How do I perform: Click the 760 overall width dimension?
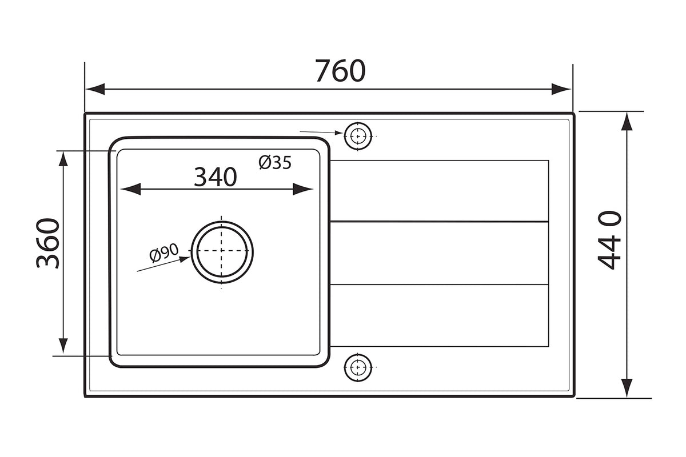tap(340, 71)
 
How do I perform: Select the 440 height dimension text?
tap(609, 240)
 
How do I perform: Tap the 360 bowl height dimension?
tap(48, 243)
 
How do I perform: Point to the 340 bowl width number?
tap(216, 177)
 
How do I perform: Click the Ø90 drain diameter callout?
tap(164, 252)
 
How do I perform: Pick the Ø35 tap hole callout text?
tap(275, 163)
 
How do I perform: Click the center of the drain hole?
tap(222, 251)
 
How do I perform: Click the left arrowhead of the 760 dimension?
tap(95, 89)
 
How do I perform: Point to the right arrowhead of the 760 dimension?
tap(561, 89)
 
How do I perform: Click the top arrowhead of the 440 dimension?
tap(627, 122)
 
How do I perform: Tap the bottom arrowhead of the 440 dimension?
tap(627, 388)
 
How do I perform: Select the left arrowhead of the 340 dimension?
tap(131, 189)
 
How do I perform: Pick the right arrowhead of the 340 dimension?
tap(303, 189)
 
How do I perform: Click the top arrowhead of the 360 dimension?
tap(63, 159)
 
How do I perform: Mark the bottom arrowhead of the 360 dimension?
tap(63, 346)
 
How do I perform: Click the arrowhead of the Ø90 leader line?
tap(184, 259)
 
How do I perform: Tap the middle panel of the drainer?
tap(440, 253)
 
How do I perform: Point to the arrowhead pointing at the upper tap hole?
tap(339, 133)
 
